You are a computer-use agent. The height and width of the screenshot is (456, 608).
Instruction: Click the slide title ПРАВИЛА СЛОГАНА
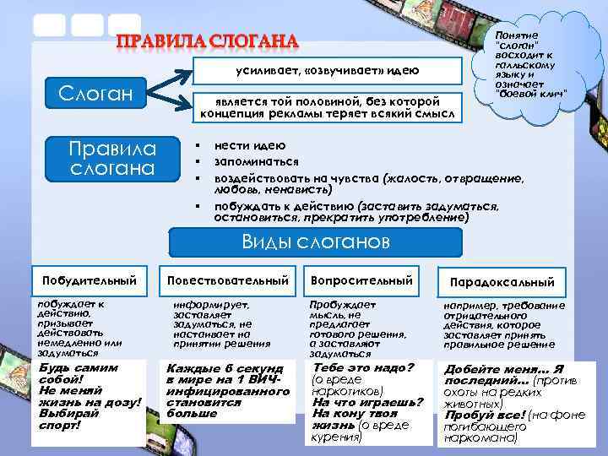(207, 41)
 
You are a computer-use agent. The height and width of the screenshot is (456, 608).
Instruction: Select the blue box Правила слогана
(113, 158)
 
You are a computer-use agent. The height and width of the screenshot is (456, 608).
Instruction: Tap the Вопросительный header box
(361, 280)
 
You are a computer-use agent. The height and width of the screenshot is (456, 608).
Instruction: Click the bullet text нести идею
(251, 144)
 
